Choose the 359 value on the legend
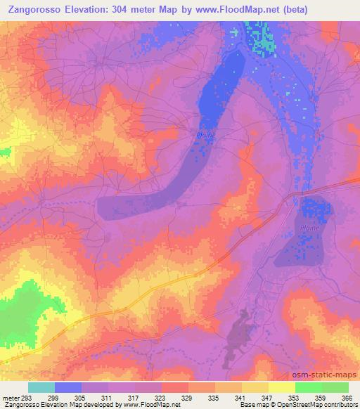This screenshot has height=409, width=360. tap(322, 397)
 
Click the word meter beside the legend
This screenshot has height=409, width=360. tap(8, 397)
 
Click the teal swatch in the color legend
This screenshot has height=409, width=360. tap(41, 387)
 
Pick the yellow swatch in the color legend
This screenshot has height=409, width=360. tap(281, 387)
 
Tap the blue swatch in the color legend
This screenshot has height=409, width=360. tap(68, 387)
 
